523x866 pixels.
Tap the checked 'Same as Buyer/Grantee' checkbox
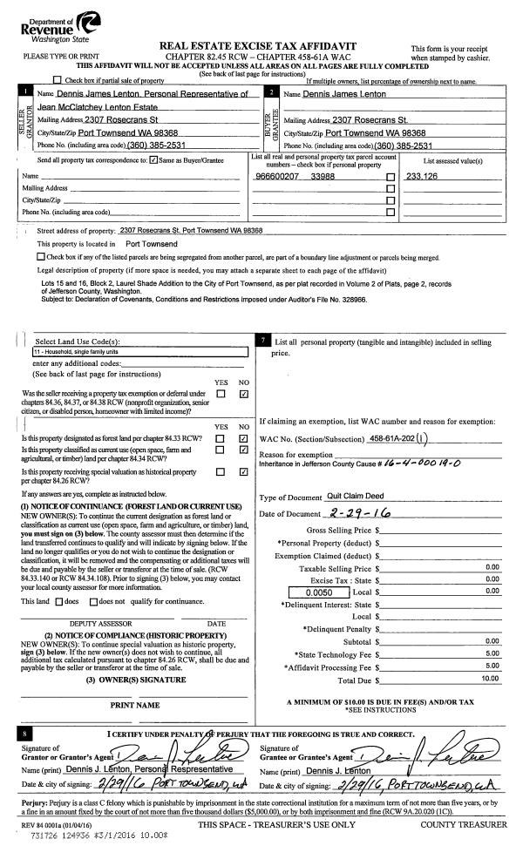tap(153, 160)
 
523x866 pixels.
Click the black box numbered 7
tap(263, 340)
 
